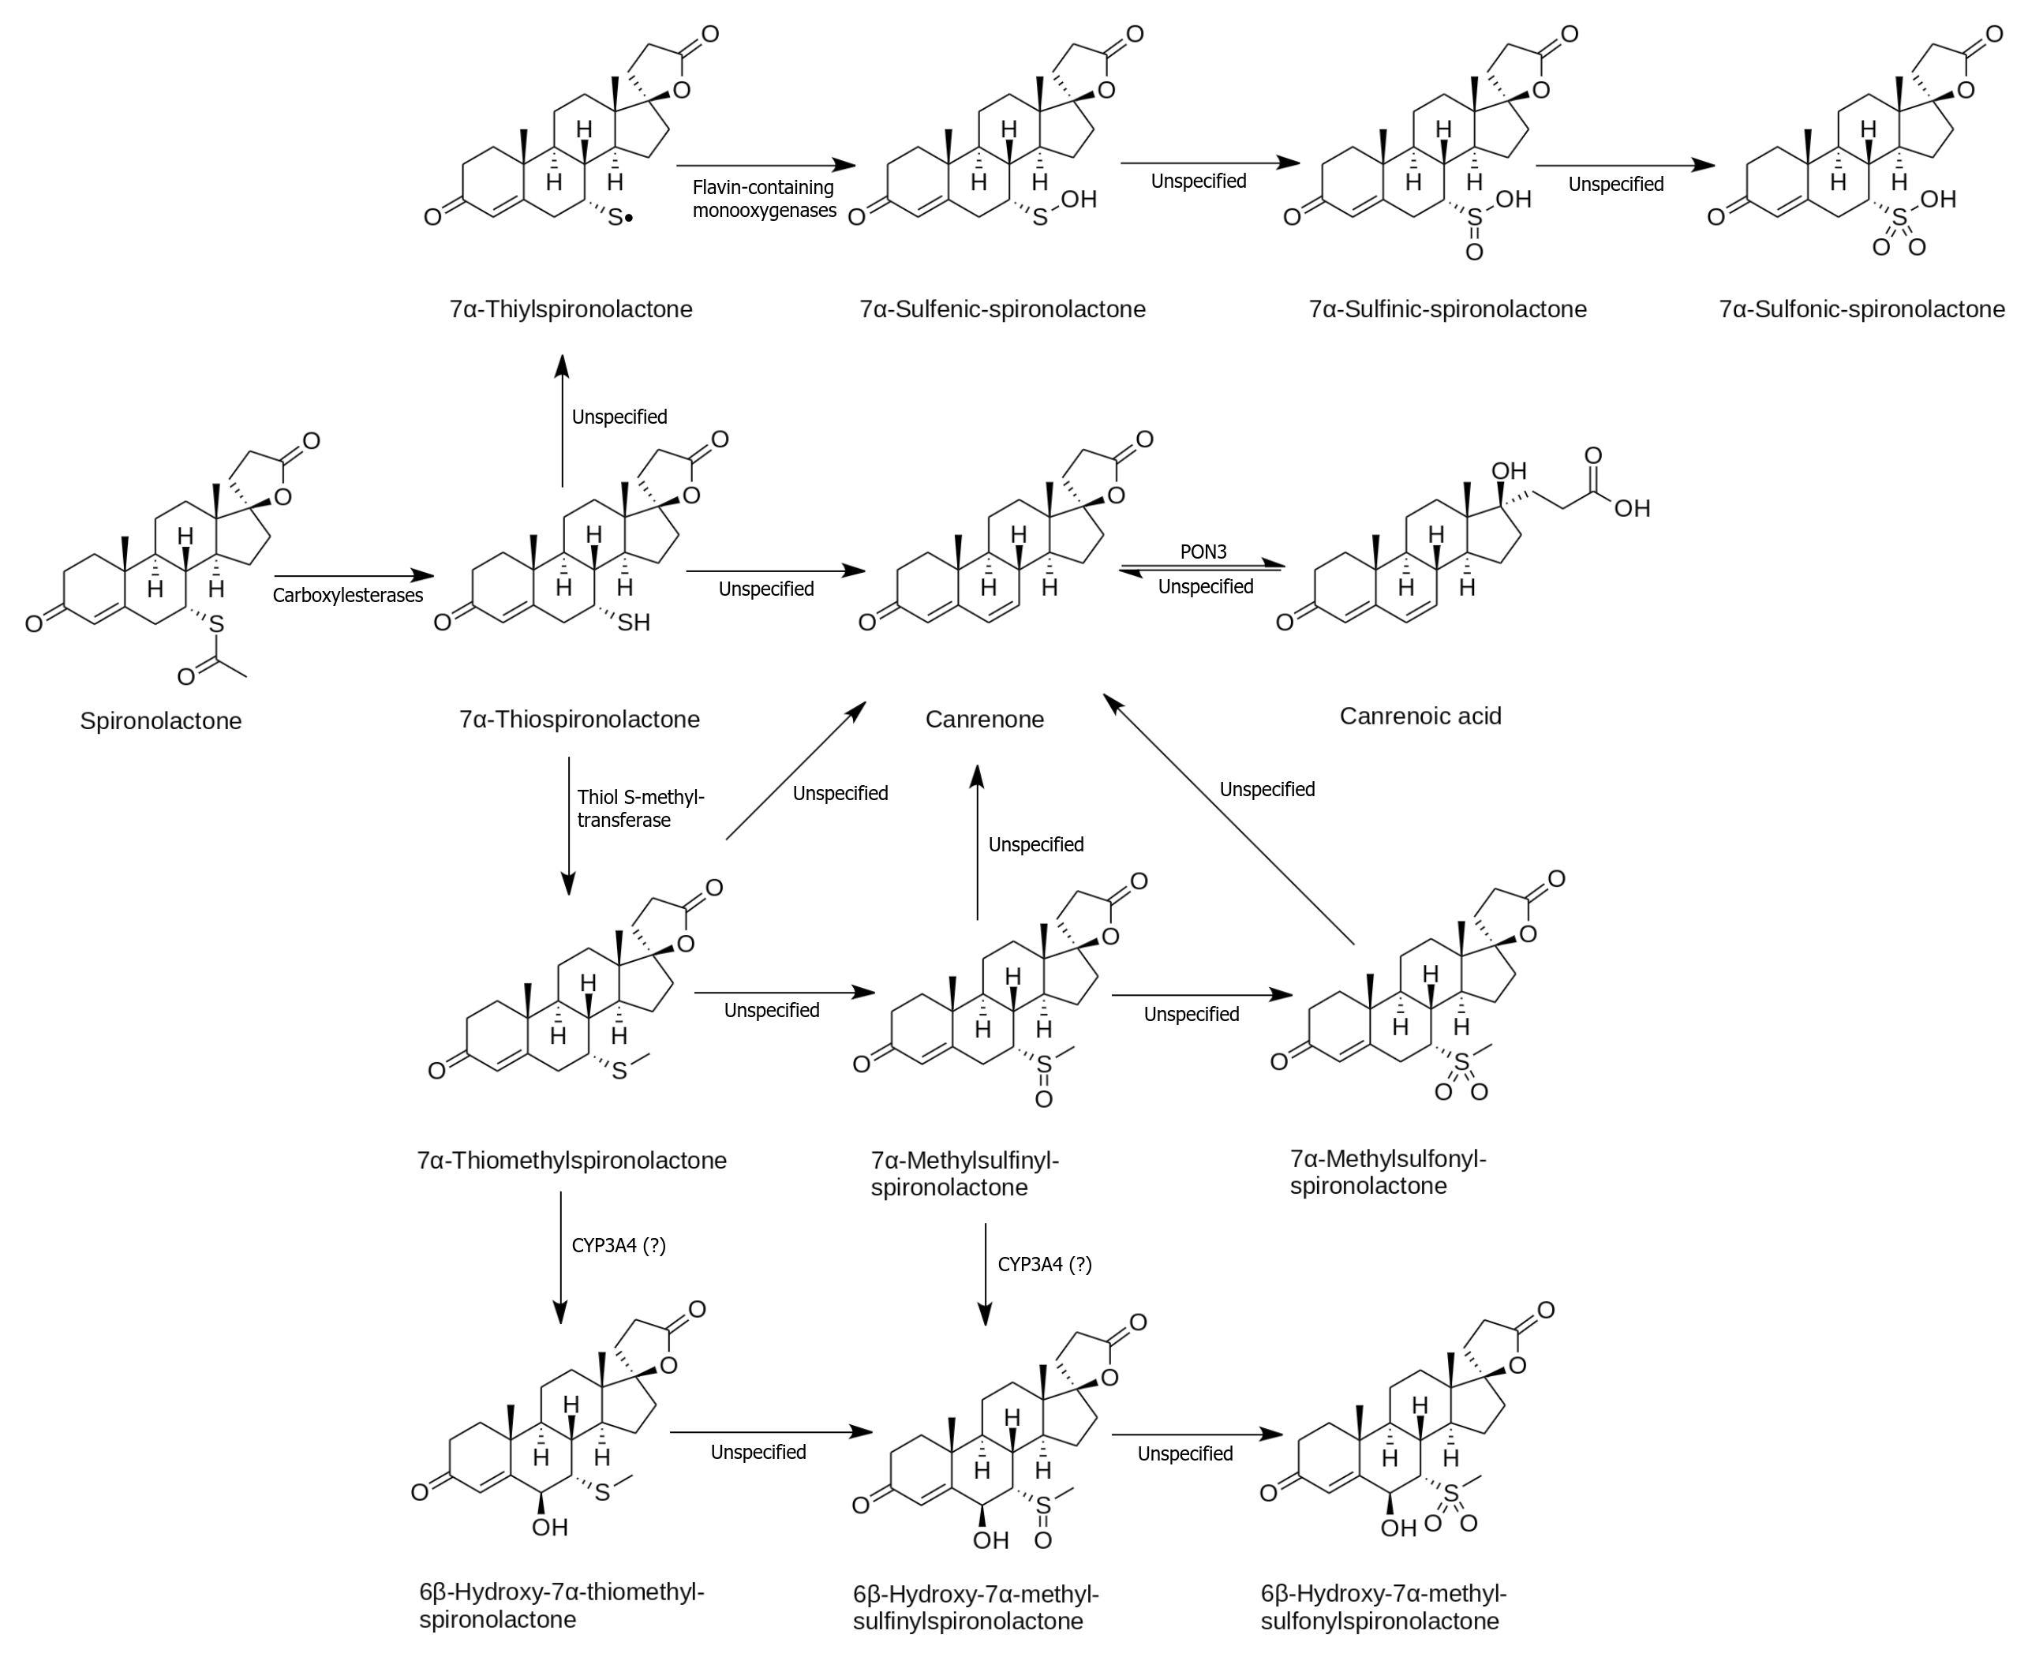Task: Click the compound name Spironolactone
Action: (x=160, y=720)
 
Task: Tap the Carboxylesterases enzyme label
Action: (x=347, y=596)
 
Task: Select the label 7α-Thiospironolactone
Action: (x=579, y=719)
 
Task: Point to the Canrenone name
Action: (x=984, y=719)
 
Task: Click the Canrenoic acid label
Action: (x=1420, y=716)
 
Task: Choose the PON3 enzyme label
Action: (x=1203, y=552)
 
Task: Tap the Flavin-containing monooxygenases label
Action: (x=764, y=199)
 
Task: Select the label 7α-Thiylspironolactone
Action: (x=571, y=309)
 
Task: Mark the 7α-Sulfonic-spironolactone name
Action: (x=1861, y=309)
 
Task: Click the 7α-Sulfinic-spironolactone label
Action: (x=1446, y=309)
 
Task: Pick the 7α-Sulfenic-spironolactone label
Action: (x=1002, y=309)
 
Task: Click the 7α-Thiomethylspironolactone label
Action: (x=571, y=1161)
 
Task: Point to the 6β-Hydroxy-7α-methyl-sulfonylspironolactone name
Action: (x=1383, y=1607)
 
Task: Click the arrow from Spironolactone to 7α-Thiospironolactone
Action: (x=353, y=575)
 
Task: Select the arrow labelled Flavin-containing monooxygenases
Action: (x=765, y=165)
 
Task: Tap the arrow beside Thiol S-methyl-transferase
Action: (x=569, y=825)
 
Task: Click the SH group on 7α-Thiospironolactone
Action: (x=633, y=623)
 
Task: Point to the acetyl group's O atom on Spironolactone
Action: (x=186, y=677)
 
